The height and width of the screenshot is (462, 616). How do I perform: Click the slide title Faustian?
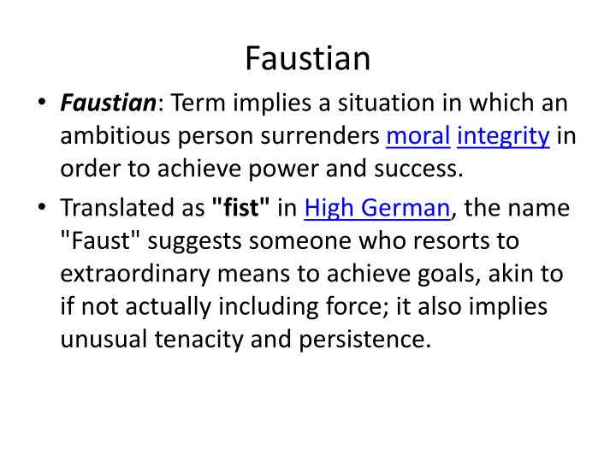pos(308,59)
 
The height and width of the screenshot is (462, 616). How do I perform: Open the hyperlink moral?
pos(416,136)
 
